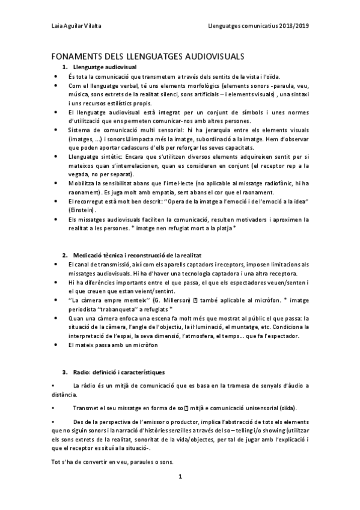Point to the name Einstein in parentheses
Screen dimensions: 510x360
pyautogui.click(x=82, y=209)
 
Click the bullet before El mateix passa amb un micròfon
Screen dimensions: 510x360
pyautogui.click(x=55, y=345)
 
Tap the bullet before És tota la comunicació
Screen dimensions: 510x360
pyautogui.click(x=55, y=76)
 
